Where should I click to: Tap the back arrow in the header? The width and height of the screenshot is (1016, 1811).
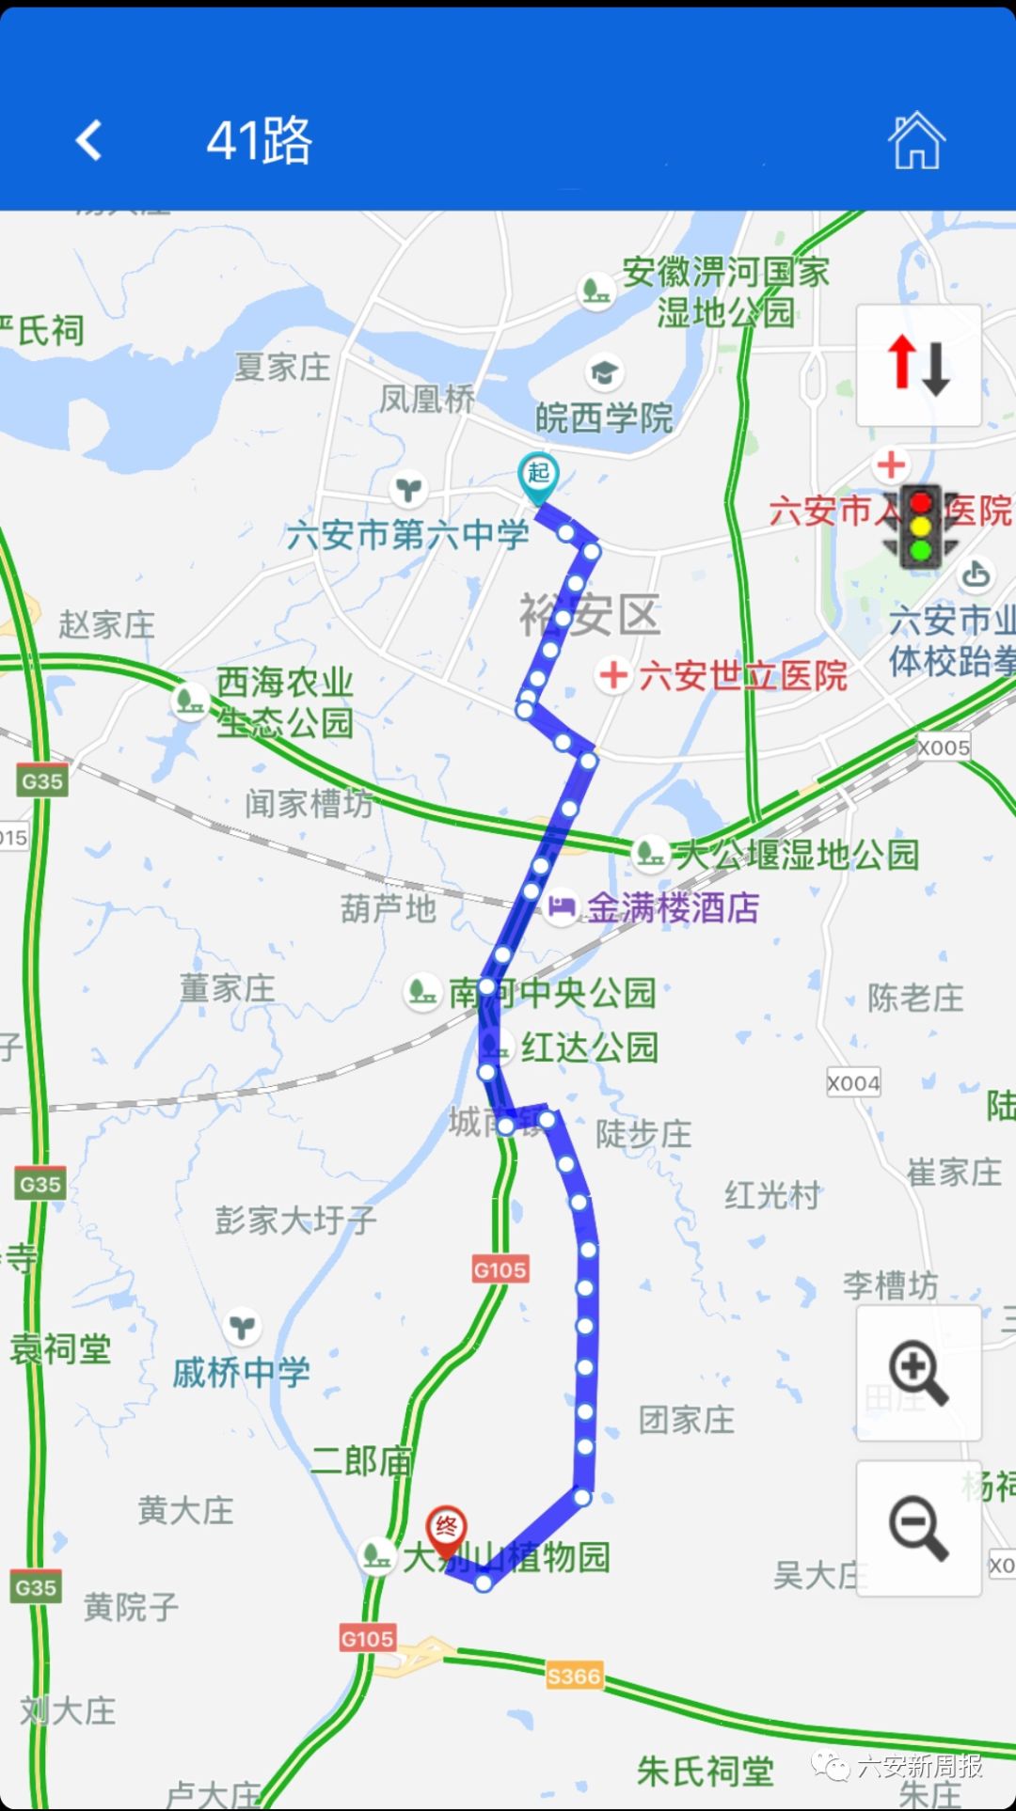(x=88, y=141)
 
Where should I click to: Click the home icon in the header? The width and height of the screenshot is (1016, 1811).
(x=915, y=141)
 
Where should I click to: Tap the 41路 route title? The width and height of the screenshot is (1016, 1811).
(x=259, y=141)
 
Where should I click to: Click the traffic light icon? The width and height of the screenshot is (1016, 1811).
(x=920, y=528)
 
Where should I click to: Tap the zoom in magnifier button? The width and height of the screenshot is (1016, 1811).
(x=918, y=1374)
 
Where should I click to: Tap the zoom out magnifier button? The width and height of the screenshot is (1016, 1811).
(x=918, y=1529)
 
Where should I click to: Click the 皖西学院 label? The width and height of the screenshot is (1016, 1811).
(x=604, y=417)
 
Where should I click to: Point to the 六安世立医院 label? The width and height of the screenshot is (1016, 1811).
(x=742, y=675)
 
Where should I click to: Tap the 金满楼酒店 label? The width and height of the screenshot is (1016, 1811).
(x=673, y=907)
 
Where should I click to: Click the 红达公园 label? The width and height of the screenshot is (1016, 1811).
(x=589, y=1047)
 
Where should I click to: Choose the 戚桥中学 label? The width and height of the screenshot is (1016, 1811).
(x=241, y=1373)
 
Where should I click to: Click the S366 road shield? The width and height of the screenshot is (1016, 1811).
(x=574, y=1676)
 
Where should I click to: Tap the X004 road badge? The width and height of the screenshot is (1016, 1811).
(x=853, y=1083)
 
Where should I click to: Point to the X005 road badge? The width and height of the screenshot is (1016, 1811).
(x=944, y=748)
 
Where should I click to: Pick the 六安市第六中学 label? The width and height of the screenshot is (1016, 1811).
(x=407, y=535)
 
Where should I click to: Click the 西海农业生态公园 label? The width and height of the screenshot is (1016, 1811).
(x=284, y=701)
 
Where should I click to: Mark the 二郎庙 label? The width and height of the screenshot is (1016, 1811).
(x=362, y=1460)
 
